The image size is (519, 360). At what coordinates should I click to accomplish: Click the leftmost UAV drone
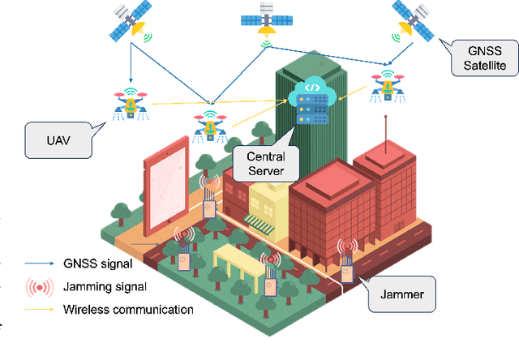pyautogui.click(x=130, y=103)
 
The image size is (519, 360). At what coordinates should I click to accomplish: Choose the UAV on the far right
pyautogui.click(x=387, y=84)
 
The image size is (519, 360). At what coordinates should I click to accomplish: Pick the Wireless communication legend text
pyautogui.click(x=128, y=309)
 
